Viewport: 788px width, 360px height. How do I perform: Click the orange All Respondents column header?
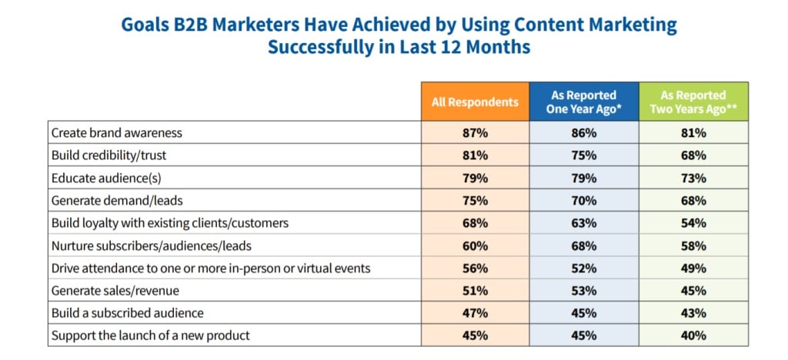[x=475, y=102]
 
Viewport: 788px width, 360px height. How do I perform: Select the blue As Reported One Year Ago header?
[x=584, y=102]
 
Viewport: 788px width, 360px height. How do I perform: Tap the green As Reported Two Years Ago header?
[x=693, y=102]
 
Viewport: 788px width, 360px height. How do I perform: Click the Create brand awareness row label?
[x=117, y=133]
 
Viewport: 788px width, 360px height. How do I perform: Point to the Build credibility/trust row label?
[x=109, y=155]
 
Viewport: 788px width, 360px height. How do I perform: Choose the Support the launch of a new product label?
[x=151, y=335]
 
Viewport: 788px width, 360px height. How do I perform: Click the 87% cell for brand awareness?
[x=475, y=133]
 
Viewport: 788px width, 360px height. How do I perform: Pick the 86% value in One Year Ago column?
[x=584, y=133]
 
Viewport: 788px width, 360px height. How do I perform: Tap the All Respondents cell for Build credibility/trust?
[x=475, y=155]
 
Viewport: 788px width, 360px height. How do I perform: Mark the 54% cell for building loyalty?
[x=693, y=224]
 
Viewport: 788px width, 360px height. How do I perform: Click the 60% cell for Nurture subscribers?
[x=475, y=246]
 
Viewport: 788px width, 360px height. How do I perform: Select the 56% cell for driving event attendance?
[x=475, y=268]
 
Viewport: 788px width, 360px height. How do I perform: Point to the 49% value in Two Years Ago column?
[x=693, y=268]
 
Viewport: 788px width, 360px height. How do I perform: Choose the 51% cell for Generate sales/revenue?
[x=475, y=292]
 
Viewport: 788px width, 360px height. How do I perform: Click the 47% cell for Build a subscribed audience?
[x=475, y=314]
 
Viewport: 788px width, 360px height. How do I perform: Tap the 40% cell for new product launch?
[x=693, y=335]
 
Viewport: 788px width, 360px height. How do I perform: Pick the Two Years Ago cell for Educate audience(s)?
[x=693, y=178]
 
